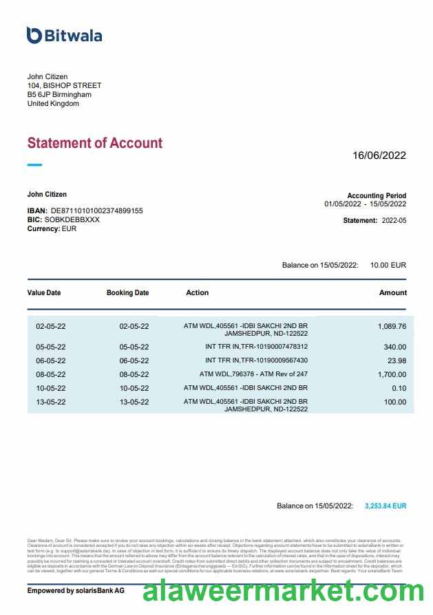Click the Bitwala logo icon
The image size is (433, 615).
[34, 35]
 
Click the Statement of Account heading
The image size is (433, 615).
[95, 143]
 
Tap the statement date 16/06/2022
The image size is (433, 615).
[379, 155]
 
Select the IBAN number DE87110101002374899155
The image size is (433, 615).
[97, 211]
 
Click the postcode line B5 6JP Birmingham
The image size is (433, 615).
[59, 94]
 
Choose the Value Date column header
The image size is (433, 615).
[44, 292]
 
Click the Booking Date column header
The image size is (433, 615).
[127, 292]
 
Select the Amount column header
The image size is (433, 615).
[393, 292]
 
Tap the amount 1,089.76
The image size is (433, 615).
[392, 326]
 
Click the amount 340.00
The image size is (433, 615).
[395, 347]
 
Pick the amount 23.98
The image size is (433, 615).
[397, 360]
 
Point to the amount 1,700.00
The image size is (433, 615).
[392, 374]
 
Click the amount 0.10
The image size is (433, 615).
[399, 388]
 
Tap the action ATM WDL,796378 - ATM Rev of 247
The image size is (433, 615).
[253, 374]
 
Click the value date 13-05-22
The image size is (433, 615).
[51, 402]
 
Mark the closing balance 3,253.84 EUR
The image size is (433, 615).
[386, 506]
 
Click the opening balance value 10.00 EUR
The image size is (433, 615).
[388, 265]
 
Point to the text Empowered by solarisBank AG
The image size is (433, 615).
[76, 590]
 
